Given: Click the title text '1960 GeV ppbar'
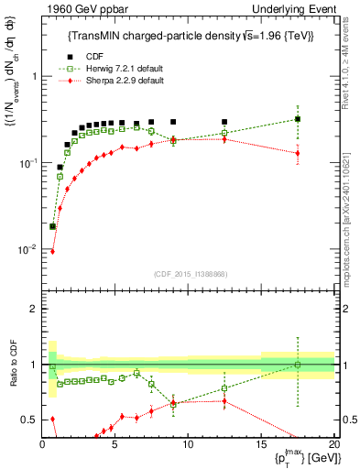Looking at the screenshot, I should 82,9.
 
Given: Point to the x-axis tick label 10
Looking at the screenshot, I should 188,444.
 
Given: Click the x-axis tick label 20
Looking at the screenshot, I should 333,444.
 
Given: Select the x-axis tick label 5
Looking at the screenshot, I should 115,444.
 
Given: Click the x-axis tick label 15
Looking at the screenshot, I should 261,444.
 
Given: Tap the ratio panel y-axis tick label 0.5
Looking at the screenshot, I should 30,420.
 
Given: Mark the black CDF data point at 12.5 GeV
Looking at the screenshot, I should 224,122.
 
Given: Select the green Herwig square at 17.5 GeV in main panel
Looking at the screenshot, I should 298,119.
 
